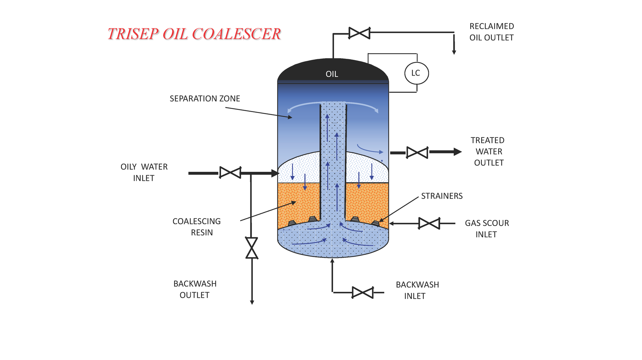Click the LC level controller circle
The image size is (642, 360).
(416, 73)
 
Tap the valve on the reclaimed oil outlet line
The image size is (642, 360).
(359, 33)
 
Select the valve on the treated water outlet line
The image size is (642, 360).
(417, 152)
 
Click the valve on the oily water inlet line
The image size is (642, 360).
(230, 172)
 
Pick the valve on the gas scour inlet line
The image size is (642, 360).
(429, 223)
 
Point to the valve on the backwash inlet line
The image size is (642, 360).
(362, 292)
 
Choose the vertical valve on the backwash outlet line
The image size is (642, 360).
(252, 248)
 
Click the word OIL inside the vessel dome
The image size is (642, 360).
(332, 74)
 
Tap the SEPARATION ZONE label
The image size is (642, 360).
(205, 99)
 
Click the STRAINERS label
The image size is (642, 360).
(441, 196)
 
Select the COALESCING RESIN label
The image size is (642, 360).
(197, 227)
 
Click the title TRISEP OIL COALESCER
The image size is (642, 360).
(194, 34)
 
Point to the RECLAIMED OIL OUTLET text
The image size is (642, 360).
(491, 32)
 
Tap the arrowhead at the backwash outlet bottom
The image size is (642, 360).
(252, 302)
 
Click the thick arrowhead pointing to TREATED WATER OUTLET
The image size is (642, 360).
(457, 152)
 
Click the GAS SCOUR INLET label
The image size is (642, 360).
(487, 229)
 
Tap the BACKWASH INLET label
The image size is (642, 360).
(417, 290)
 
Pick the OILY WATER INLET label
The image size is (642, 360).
(144, 172)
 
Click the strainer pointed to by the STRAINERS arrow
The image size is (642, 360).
(375, 223)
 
